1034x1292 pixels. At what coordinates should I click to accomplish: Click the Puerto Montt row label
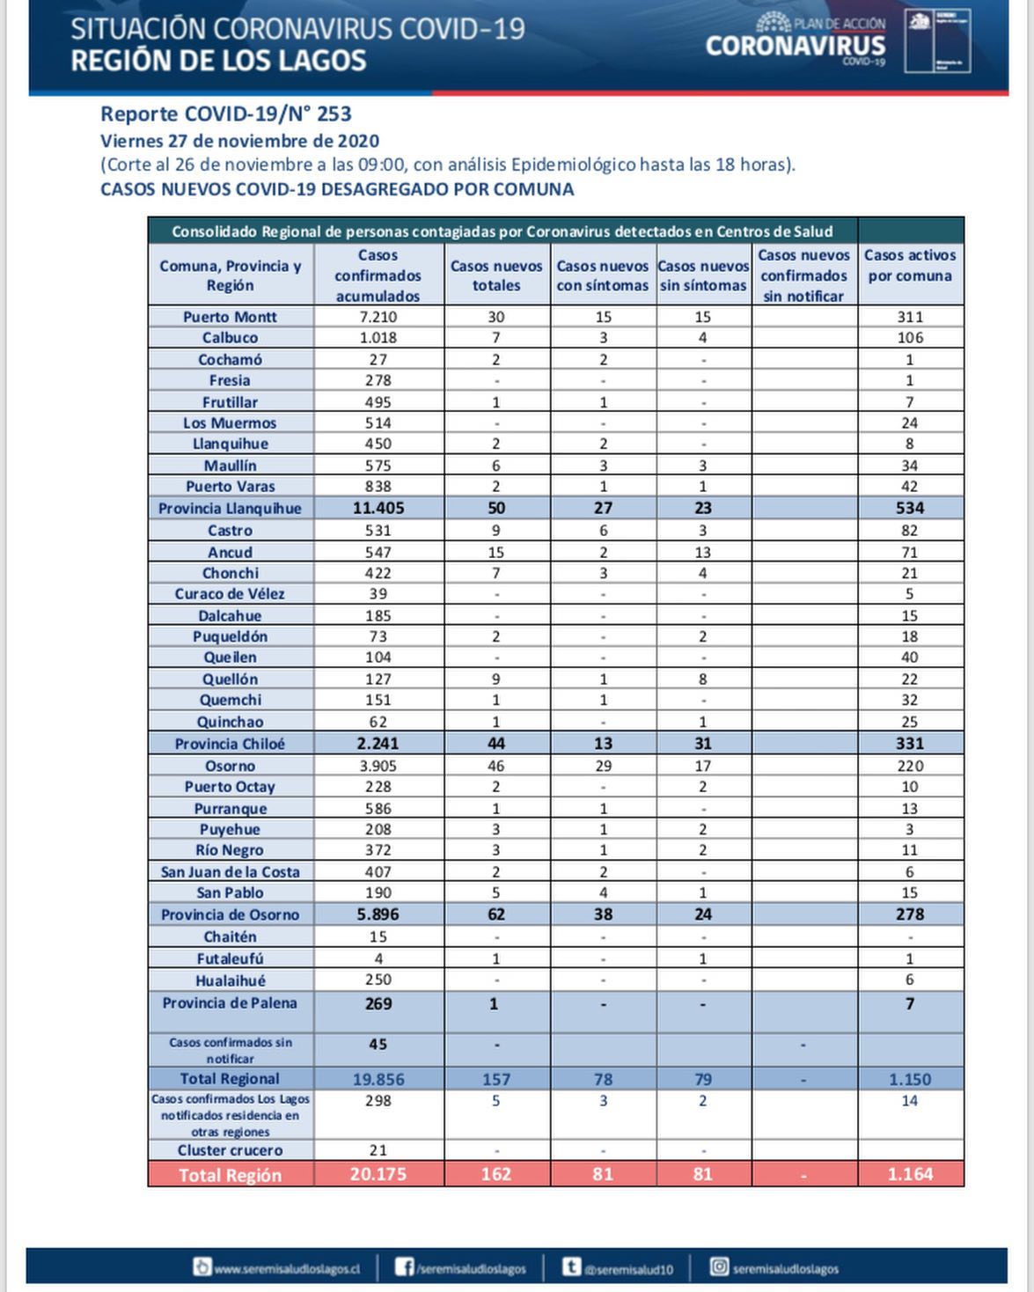[230, 317]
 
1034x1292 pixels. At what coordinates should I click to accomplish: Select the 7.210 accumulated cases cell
[378, 317]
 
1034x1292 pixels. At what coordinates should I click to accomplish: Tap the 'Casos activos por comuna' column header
[909, 266]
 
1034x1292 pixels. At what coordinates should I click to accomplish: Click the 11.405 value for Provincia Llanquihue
[378, 508]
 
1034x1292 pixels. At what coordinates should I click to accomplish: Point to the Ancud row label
[230, 552]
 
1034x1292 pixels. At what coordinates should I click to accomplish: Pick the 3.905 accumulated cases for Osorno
[378, 766]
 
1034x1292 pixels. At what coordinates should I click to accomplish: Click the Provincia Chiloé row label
[230, 744]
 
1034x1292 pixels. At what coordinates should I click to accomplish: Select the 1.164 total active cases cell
[910, 1174]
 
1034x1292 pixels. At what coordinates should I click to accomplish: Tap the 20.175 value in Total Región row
[378, 1174]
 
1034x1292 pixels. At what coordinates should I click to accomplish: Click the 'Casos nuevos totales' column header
[496, 275]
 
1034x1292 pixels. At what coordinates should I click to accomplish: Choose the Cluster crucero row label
[230, 1150]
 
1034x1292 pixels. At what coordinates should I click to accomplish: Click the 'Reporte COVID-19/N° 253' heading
[226, 114]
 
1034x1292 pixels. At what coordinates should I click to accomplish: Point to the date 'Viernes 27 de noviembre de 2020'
[239, 141]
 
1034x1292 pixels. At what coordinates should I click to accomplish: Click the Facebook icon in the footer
[404, 1267]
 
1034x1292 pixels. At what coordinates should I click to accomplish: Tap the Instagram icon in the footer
[719, 1267]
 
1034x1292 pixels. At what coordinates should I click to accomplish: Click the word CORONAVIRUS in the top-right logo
[796, 45]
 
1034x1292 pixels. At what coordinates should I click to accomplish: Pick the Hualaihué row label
[230, 980]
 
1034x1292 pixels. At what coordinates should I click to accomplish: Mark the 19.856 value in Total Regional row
[378, 1079]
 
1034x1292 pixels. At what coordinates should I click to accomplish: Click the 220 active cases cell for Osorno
[909, 766]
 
